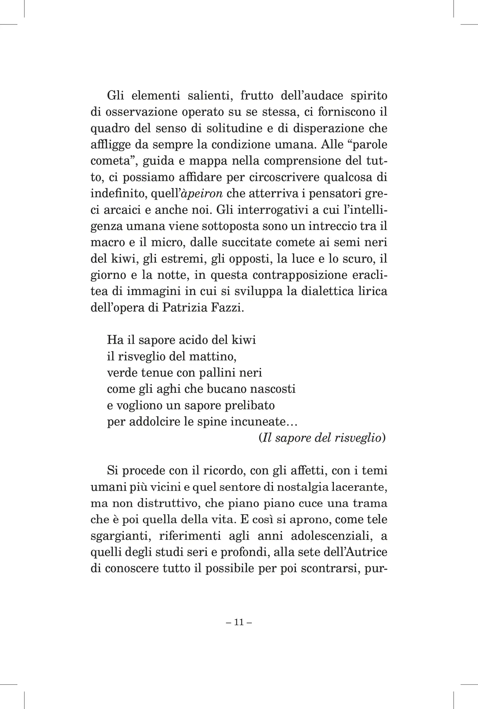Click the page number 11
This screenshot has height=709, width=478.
(238, 622)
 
